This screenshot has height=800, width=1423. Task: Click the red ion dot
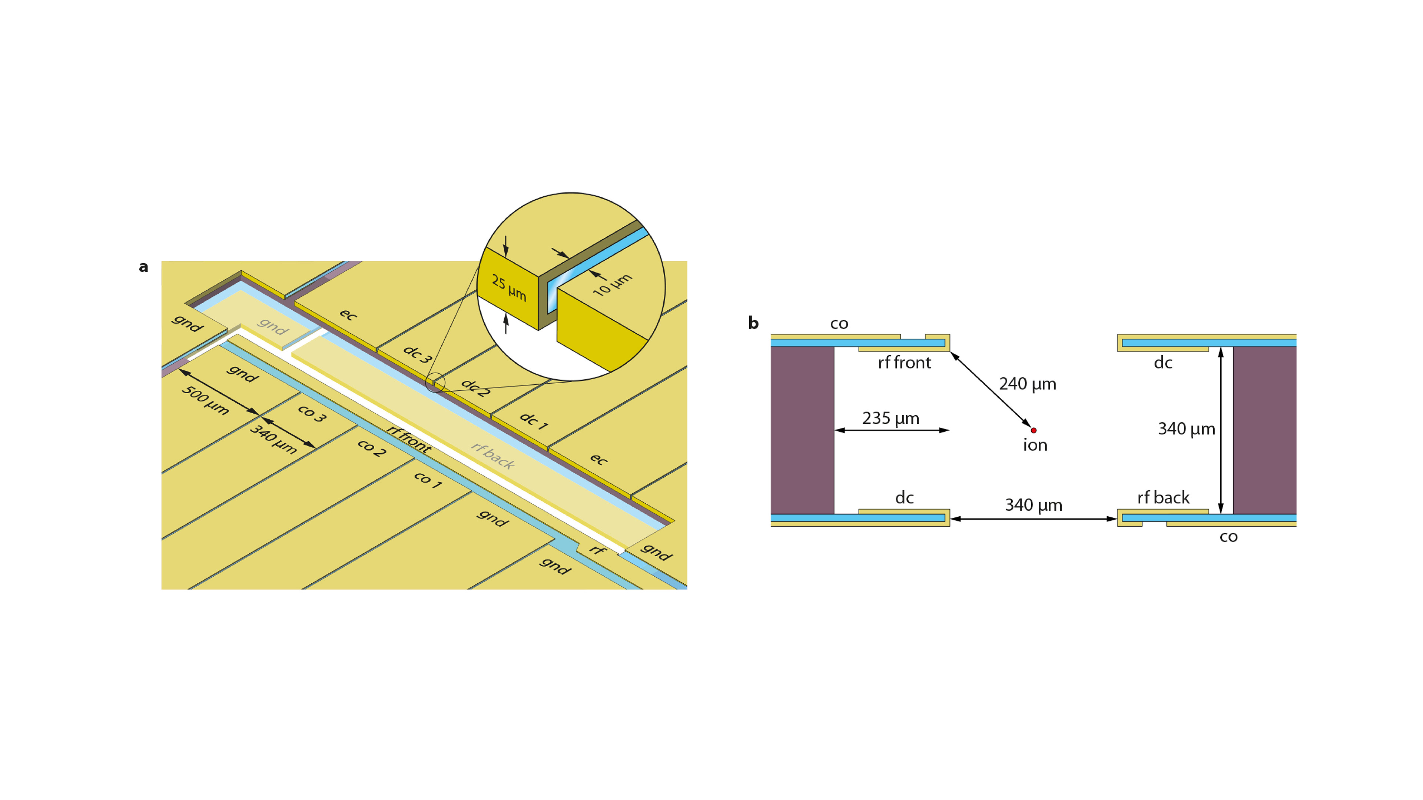pos(1034,430)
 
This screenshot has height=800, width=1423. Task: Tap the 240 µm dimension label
pos(1028,384)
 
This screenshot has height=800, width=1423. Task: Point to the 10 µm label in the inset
pos(612,284)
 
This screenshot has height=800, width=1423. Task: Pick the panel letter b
pos(753,323)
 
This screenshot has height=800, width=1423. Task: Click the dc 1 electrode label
pos(534,421)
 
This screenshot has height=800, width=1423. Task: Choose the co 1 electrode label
pos(428,480)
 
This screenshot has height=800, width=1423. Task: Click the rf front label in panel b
pos(904,363)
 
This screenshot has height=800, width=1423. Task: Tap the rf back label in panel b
pos(1163,497)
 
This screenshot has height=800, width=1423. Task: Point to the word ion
pos(1035,445)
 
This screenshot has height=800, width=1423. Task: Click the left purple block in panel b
pos(802,430)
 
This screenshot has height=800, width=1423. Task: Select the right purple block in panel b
pos(1264,430)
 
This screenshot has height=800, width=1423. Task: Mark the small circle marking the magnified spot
pos(435,382)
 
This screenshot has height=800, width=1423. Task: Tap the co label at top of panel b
pos(839,324)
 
